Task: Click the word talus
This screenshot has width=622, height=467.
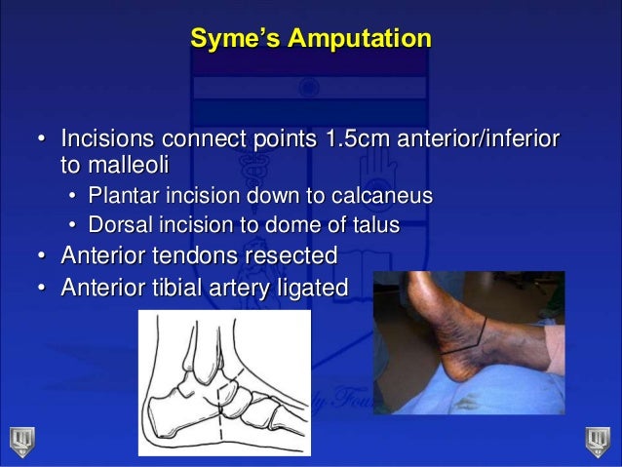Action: [374, 226]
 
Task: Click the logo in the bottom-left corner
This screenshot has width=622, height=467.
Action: [21, 441]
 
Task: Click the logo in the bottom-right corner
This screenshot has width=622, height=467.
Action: [597, 441]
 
